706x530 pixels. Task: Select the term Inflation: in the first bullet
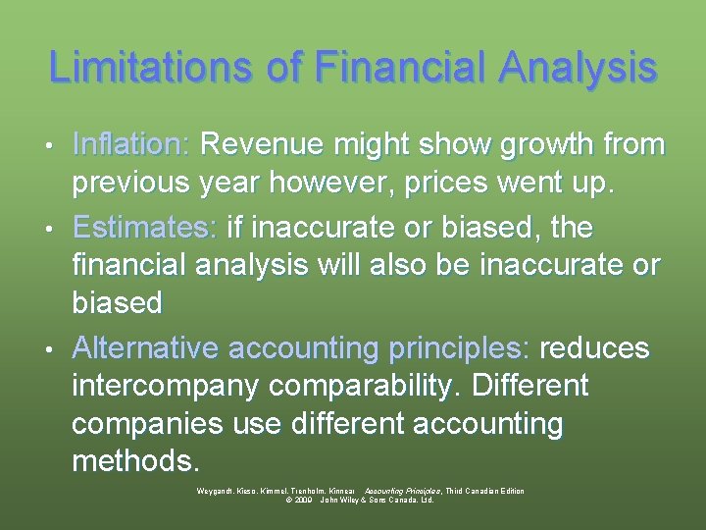coord(131,145)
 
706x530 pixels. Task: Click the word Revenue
coord(259,145)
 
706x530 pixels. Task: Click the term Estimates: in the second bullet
coord(144,229)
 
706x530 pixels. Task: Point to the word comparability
coord(362,387)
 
